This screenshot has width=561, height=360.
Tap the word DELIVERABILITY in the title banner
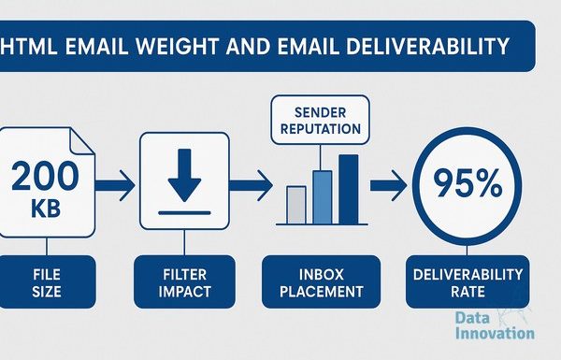coord(427,46)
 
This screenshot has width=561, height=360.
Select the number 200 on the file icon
coord(45,176)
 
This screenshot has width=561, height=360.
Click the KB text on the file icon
coord(46,209)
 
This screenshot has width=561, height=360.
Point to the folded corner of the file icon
coord(80,140)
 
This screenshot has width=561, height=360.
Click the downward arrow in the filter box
coord(184,176)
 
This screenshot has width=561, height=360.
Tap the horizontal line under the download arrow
coord(184,213)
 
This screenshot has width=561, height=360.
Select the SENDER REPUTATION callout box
coord(320,120)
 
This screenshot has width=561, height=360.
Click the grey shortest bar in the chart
coord(296,205)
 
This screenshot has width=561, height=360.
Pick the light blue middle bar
coord(323,197)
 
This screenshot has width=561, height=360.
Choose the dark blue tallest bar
coord(349,189)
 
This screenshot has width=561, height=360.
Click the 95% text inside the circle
coord(467,183)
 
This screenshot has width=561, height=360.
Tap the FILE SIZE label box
coord(48,281)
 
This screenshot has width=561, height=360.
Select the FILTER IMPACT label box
coord(184,281)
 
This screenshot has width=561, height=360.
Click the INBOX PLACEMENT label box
coord(322,281)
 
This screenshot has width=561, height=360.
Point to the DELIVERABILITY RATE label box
coord(467,281)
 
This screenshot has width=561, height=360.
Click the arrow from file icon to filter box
coord(115,185)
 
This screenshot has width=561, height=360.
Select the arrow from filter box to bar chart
coord(251,185)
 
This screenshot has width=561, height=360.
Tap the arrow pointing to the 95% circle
coord(389,185)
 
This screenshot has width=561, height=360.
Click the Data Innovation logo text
coord(495,325)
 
